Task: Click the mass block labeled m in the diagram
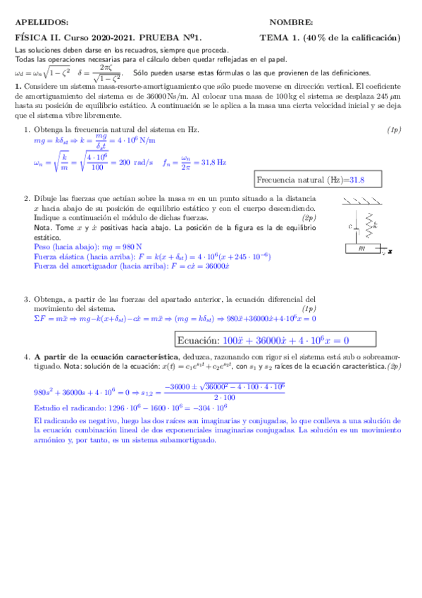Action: click(361, 248)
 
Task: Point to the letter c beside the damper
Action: click(350, 227)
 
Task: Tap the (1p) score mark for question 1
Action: click(394, 130)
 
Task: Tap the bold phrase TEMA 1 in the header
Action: click(280, 38)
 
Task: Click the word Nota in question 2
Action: click(42, 228)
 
